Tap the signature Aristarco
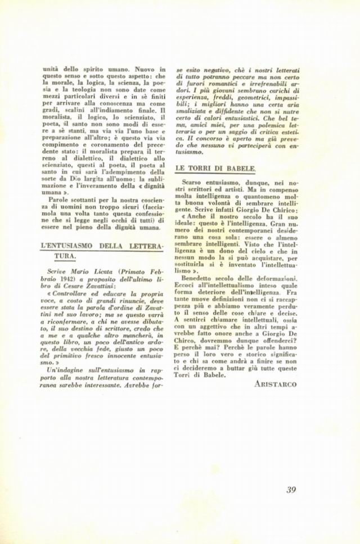(275, 384)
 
